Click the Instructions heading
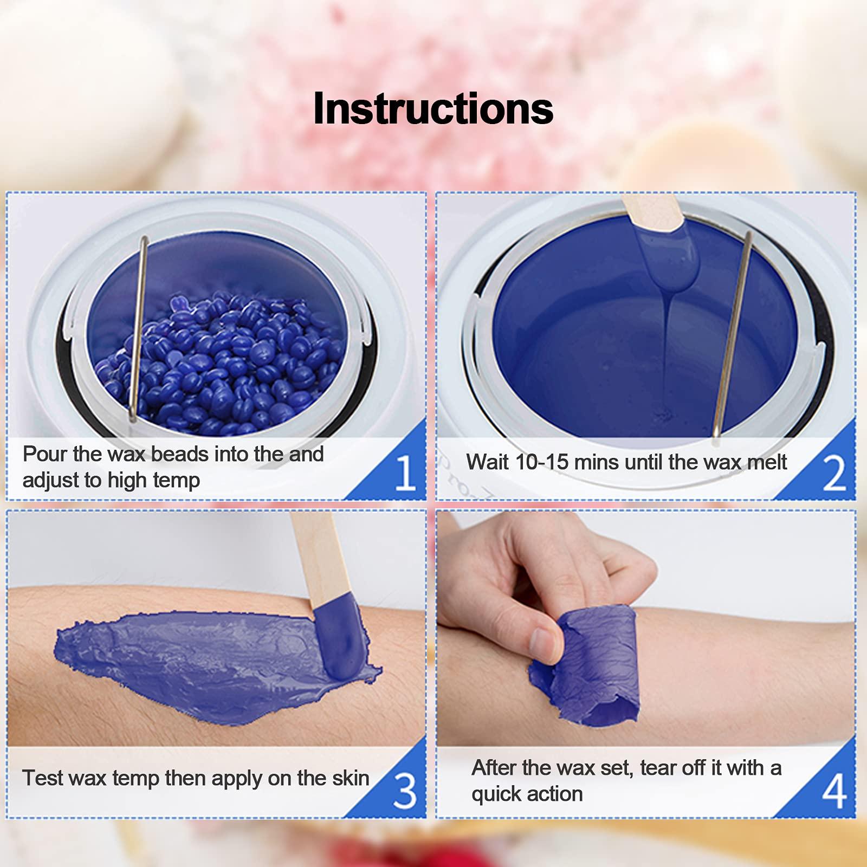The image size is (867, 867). pos(433,109)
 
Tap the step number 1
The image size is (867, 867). pos(405,472)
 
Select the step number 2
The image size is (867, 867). pos(834,473)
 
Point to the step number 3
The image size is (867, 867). pos(405,791)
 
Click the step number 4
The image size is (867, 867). pos(834,791)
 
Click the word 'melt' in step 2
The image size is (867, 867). pos(766,462)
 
